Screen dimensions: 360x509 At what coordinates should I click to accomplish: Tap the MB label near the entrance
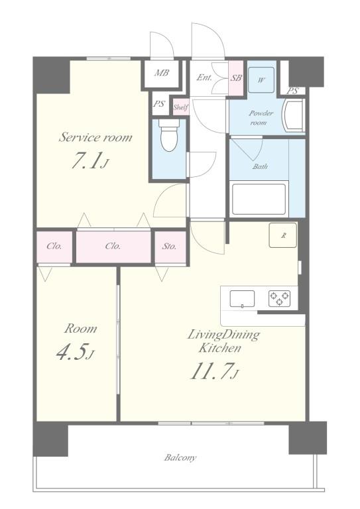click(161, 73)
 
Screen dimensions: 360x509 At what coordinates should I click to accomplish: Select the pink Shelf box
click(180, 107)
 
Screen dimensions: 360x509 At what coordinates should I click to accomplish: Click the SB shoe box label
click(236, 78)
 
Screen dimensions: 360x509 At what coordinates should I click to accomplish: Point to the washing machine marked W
click(261, 80)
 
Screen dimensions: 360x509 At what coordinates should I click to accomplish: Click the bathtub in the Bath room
click(259, 199)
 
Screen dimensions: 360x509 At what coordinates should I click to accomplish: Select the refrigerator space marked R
click(282, 235)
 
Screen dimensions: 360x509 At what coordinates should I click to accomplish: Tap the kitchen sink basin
click(242, 299)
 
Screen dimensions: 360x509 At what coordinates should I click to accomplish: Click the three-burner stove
click(279, 299)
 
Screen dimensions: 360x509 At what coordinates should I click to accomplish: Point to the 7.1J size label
click(89, 160)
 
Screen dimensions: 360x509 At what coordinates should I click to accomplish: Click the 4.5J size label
click(76, 352)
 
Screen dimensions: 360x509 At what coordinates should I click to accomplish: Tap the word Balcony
click(180, 458)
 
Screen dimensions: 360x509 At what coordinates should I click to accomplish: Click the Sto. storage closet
click(170, 247)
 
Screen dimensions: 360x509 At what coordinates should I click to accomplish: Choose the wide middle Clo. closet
click(113, 247)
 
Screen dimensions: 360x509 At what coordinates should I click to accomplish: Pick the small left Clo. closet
click(54, 247)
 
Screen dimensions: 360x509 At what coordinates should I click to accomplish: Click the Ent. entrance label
click(204, 78)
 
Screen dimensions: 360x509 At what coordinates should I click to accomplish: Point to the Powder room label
click(260, 118)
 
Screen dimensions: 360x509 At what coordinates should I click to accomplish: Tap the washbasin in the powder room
click(294, 115)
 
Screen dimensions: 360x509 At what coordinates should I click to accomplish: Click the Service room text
click(95, 137)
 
